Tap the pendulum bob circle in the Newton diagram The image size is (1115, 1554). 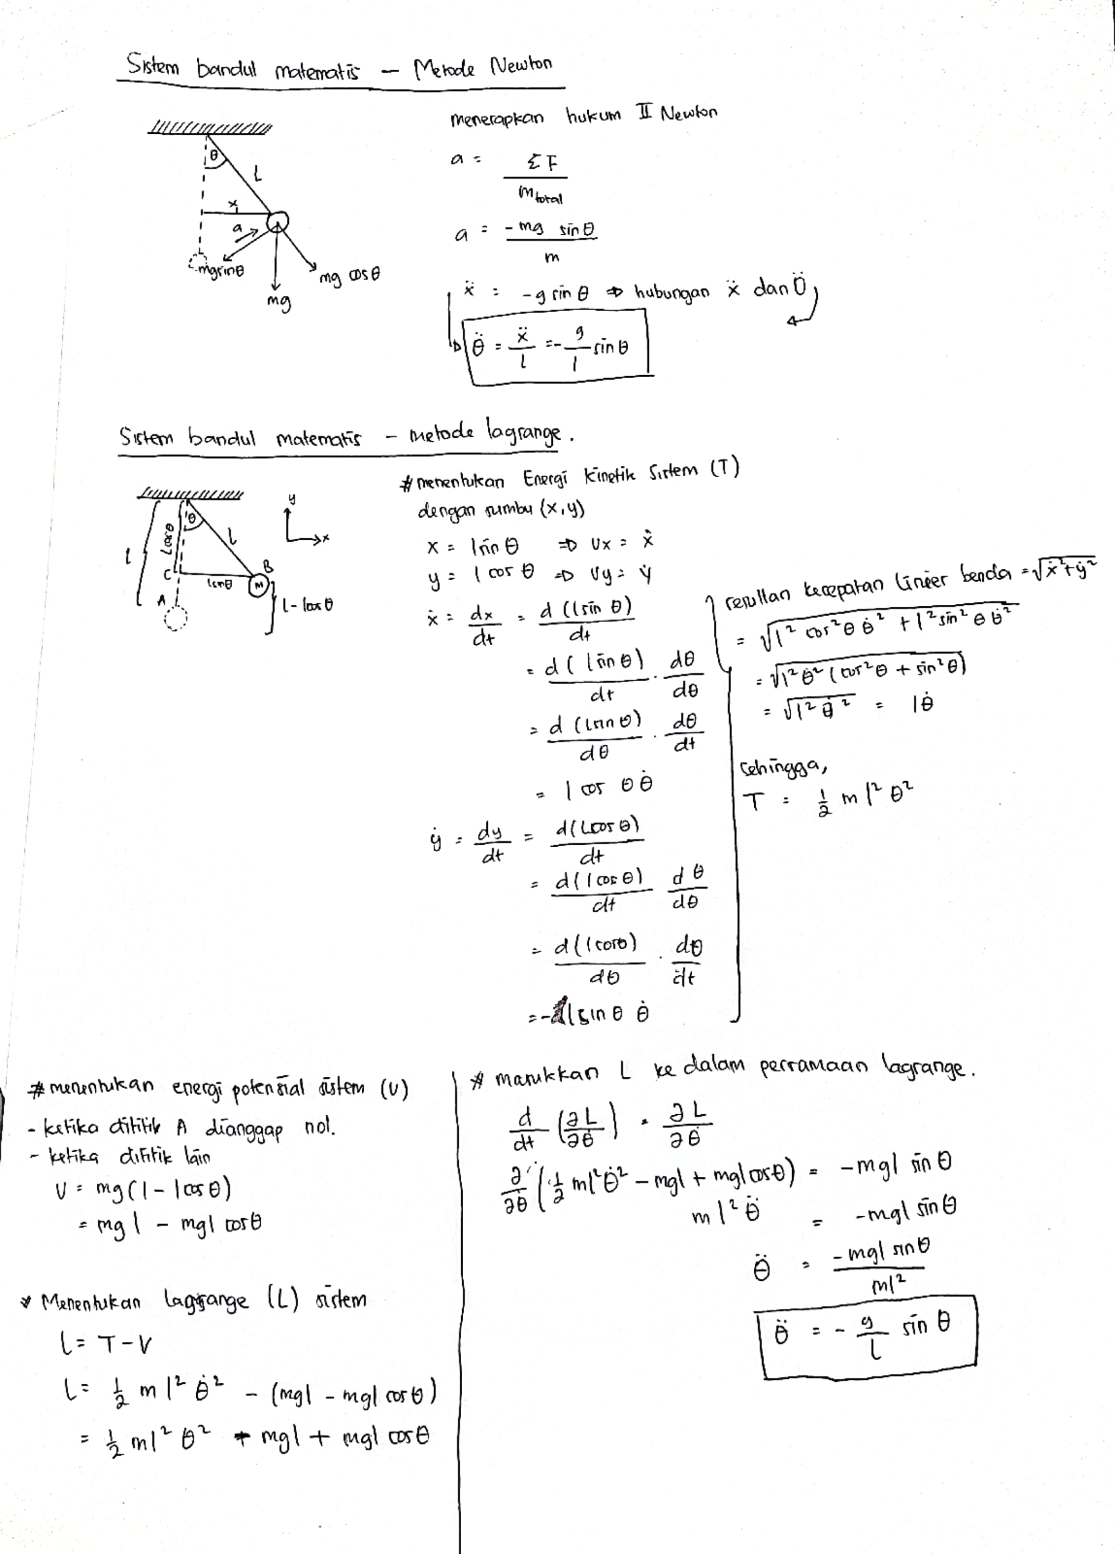click(277, 222)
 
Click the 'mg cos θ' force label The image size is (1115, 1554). click(350, 277)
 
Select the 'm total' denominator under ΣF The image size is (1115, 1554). click(540, 197)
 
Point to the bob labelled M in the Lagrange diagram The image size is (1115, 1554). click(258, 585)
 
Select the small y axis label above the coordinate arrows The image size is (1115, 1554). click(291, 499)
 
